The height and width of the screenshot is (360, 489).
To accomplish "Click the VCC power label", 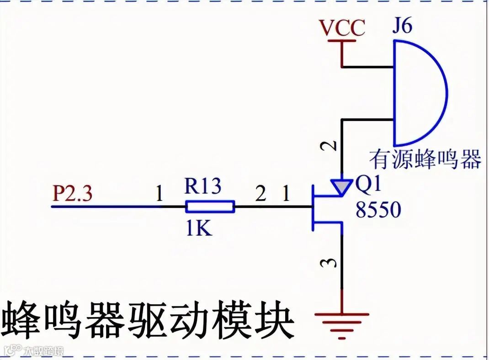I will coord(342,28).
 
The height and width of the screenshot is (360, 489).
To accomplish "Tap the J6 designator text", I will coord(402,26).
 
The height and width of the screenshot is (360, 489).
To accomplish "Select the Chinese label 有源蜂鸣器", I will coord(425,159).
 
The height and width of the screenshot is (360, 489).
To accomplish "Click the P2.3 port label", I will coord(73,194).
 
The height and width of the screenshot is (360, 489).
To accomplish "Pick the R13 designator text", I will coord(203,186).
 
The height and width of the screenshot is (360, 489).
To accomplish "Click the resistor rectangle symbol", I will coord(210,207).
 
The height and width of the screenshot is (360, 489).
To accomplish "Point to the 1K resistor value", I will coord(199,228).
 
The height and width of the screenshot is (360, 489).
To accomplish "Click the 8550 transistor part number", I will coord(378,210).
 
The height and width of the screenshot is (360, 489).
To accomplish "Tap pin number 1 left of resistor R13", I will coord(159,195).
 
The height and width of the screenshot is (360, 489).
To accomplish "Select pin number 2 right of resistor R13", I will coord(260,195).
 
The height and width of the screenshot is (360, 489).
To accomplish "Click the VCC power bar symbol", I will coord(342,42).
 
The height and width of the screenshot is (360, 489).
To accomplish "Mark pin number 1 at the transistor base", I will coord(286,195).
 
